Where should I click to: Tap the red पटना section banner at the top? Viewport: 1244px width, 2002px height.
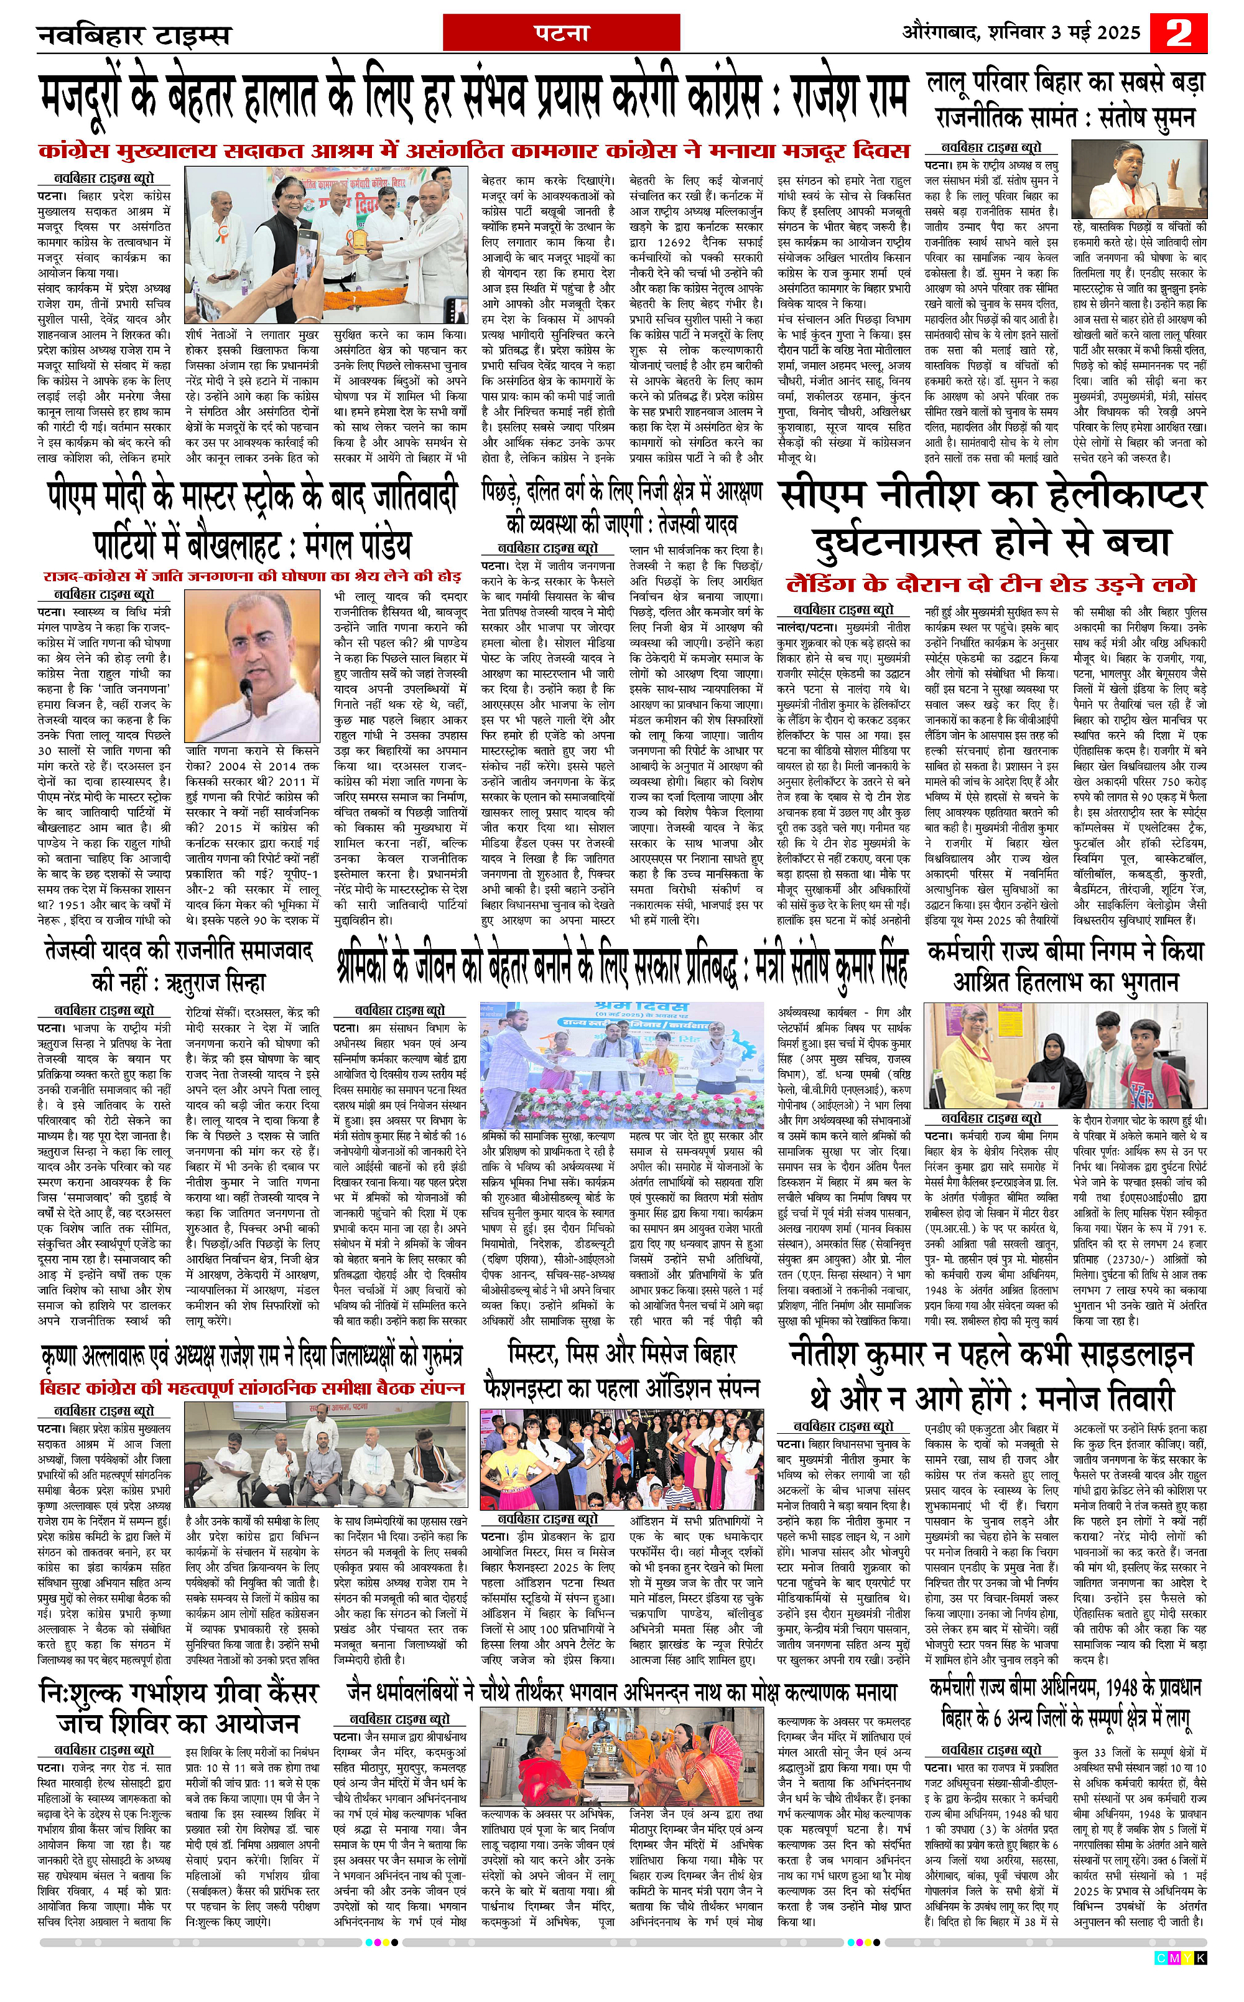pos(561,34)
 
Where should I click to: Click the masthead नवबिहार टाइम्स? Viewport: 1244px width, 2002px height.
pos(134,36)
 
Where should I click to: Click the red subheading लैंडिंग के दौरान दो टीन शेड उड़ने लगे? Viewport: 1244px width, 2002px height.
pos(991,584)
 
